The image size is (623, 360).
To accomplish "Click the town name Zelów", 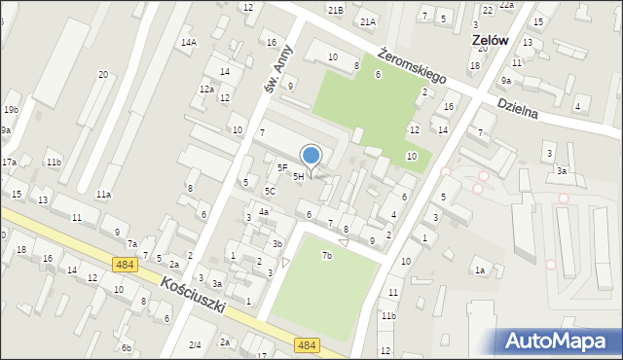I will click(x=492, y=41).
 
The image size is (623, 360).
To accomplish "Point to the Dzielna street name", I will click(x=517, y=107).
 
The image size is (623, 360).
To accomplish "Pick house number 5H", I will click(x=298, y=176).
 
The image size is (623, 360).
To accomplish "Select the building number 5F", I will click(x=282, y=167).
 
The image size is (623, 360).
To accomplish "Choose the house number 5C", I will click(x=270, y=192).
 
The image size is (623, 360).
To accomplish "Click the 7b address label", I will click(x=327, y=256).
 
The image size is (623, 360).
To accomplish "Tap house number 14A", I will click(x=188, y=42).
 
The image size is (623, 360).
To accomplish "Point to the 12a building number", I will click(x=206, y=89).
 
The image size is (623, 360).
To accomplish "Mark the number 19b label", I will click(x=11, y=109).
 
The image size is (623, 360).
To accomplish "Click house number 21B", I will click(x=335, y=10).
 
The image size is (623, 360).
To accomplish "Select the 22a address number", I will click(x=506, y=5).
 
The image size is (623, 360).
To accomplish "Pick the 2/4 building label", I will click(x=195, y=344).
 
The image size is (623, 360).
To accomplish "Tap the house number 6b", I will click(x=126, y=347).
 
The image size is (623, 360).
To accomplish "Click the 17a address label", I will click(x=8, y=162).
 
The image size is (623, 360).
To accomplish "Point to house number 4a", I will click(x=263, y=211).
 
